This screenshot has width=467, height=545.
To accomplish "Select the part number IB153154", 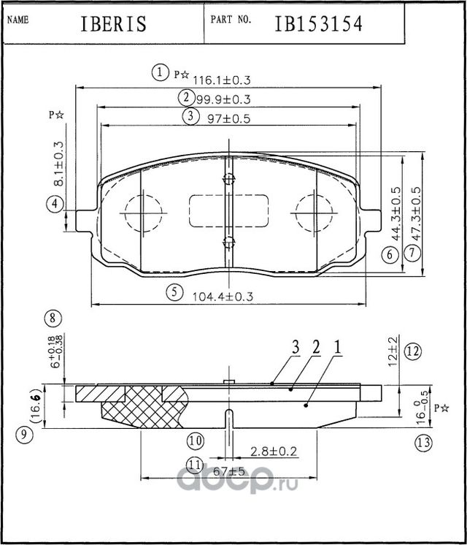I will (x=318, y=23).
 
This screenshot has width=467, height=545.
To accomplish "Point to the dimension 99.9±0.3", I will (x=223, y=99).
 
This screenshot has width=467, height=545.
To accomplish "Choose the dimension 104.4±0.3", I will (x=221, y=297).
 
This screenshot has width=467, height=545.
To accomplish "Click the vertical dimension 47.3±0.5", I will (x=417, y=210).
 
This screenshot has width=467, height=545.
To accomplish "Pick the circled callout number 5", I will (x=174, y=293).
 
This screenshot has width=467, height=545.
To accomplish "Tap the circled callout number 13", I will (x=423, y=443).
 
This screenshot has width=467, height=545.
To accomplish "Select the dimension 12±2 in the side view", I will (x=393, y=351).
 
